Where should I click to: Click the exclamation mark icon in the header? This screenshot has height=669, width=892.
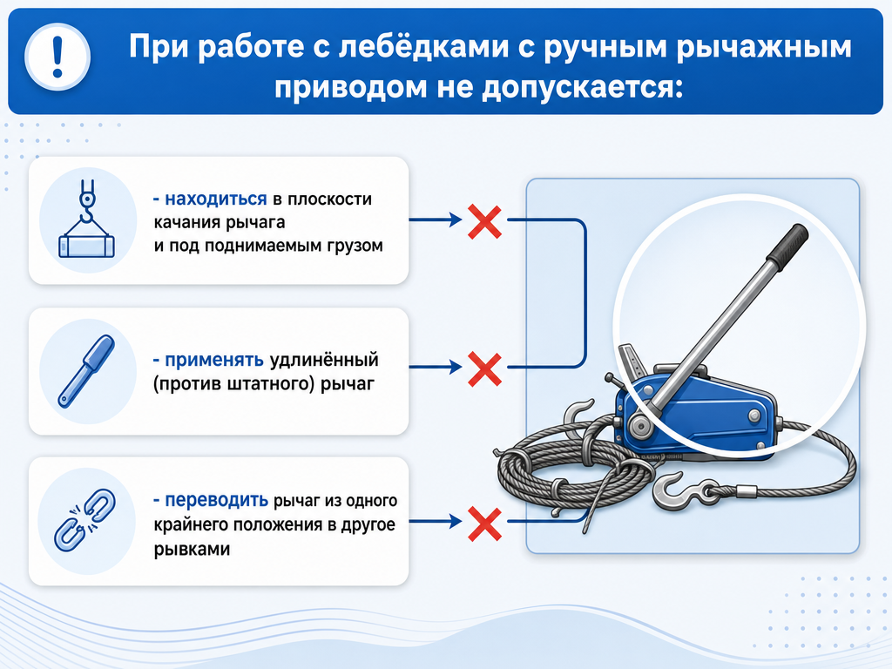[57, 57]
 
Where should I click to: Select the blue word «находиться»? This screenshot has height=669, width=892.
[216, 199]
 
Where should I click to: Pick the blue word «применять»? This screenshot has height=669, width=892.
[214, 360]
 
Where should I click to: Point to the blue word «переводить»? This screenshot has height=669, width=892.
[216, 501]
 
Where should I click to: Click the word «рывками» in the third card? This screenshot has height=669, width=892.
[192, 550]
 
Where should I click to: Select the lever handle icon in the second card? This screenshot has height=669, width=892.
[86, 371]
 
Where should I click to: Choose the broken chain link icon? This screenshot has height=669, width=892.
[84, 520]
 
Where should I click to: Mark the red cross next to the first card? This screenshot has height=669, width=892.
[484, 222]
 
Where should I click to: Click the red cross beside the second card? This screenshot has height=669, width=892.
[484, 369]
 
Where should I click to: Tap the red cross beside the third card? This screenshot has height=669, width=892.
[484, 524]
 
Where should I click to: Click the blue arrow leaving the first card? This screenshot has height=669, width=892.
[436, 220]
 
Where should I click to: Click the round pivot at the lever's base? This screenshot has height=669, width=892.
[640, 427]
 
